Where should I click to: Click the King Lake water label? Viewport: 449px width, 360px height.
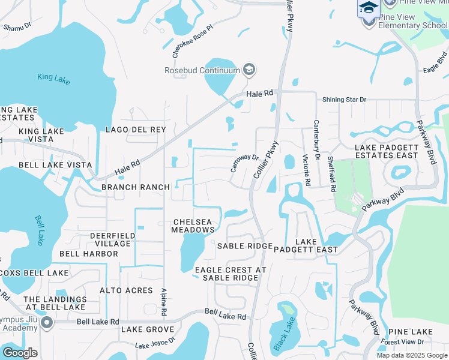(x=53, y=77)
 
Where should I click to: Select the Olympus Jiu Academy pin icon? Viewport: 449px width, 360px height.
(x=47, y=323)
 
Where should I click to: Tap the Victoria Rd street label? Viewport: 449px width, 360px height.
(x=306, y=170)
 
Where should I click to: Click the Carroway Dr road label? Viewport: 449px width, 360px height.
(x=244, y=163)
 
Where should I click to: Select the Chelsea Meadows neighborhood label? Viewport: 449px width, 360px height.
(x=193, y=226)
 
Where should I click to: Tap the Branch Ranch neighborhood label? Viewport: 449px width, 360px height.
(x=136, y=187)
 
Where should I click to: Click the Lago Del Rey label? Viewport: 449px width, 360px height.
(x=136, y=130)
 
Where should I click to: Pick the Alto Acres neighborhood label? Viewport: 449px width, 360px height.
(x=126, y=290)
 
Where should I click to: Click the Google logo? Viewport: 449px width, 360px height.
(x=19, y=353)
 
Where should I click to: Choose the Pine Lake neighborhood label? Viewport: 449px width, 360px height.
(x=410, y=332)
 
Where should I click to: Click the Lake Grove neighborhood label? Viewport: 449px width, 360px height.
(x=148, y=329)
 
